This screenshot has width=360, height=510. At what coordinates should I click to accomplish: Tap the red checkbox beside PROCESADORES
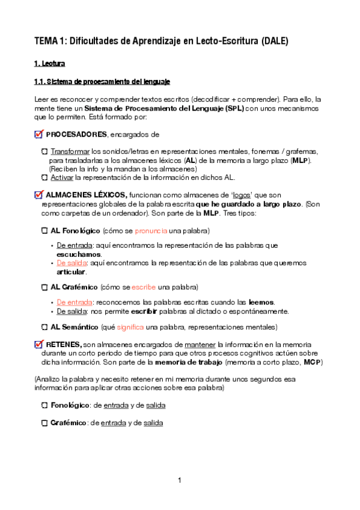(40, 134)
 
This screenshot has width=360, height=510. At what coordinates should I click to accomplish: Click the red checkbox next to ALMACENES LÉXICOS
(40, 195)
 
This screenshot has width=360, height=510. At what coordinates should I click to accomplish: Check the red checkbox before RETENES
(40, 344)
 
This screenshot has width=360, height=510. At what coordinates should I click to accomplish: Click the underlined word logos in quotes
(242, 195)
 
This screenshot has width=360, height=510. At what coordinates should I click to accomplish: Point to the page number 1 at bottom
(179, 480)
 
